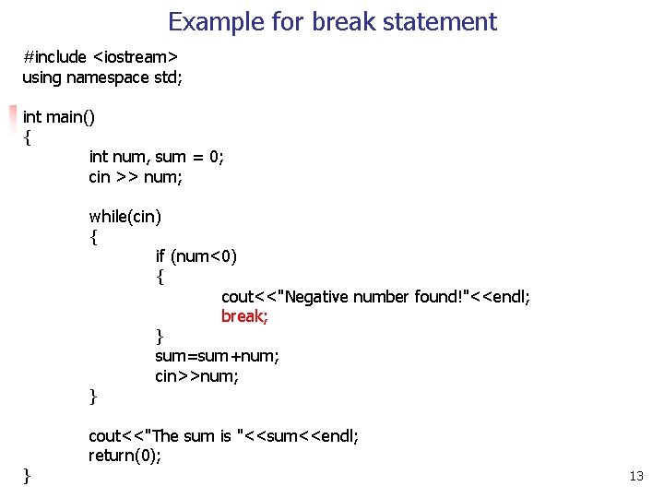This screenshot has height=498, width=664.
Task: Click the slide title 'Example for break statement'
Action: coord(332,21)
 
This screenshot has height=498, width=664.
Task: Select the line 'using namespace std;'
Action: coord(102,77)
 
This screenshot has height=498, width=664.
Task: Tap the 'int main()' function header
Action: coord(59,117)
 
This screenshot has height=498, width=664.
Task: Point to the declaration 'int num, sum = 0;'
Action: coord(156,157)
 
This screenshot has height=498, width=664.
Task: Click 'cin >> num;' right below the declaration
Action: coord(136,176)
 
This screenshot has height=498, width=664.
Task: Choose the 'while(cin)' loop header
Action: coord(125,217)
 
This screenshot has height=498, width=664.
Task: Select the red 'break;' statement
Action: coord(244,316)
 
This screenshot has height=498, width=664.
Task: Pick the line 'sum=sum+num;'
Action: coord(218,356)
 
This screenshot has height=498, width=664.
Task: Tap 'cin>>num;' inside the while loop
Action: coord(197,376)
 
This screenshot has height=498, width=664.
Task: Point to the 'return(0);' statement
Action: coord(125,456)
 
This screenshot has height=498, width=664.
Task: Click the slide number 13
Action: coord(635,477)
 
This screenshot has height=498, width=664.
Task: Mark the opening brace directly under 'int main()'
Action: coord(27,137)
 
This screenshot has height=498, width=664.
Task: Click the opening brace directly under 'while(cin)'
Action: coord(93,237)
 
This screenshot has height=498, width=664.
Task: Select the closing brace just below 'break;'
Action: coord(160,336)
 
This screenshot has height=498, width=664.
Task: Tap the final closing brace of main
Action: coord(27,475)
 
